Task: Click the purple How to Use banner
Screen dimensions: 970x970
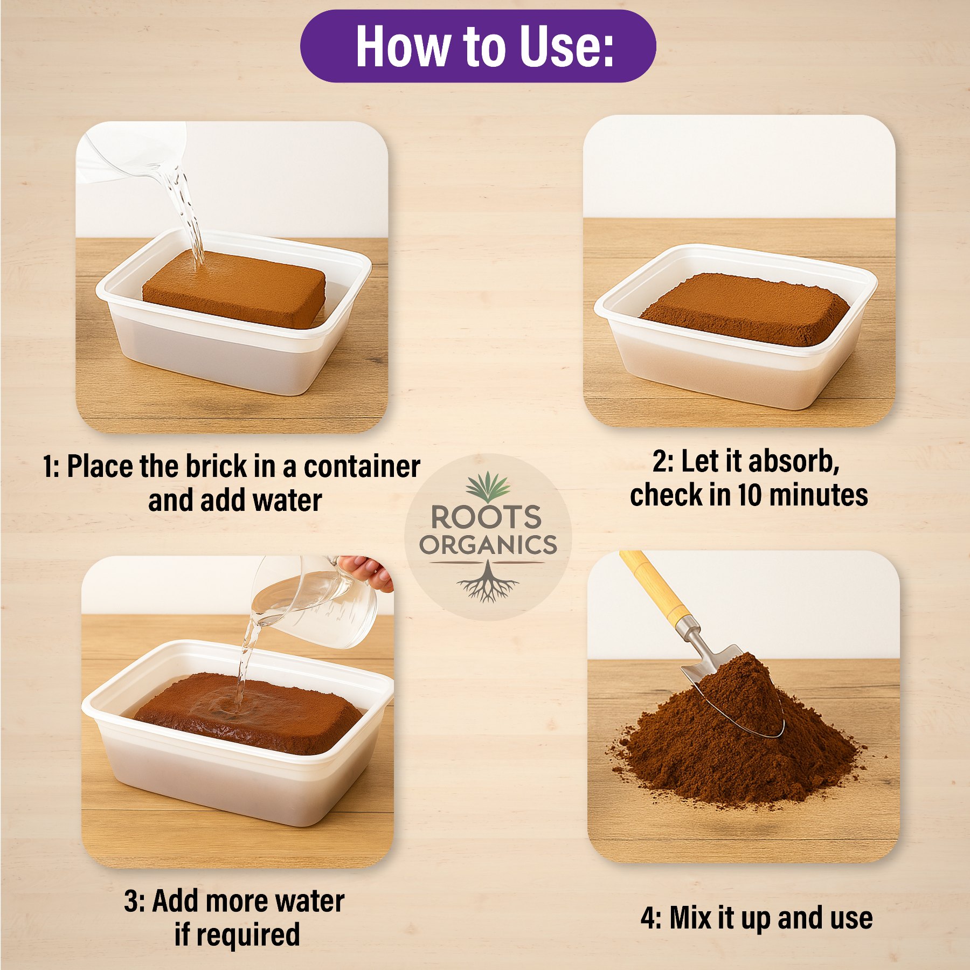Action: click(478, 46)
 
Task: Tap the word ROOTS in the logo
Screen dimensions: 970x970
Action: click(486, 517)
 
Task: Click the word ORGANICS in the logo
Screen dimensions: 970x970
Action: click(488, 545)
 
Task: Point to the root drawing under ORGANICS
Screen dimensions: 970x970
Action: click(488, 582)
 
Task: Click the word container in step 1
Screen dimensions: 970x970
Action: click(362, 467)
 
